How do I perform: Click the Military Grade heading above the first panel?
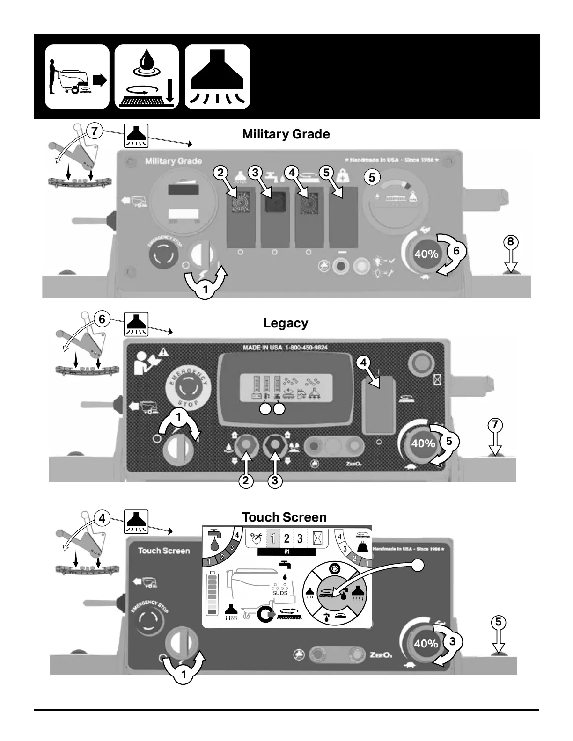tap(286, 134)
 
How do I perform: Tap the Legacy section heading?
tap(286, 323)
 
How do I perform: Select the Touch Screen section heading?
tap(284, 517)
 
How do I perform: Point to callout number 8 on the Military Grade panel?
tap(511, 242)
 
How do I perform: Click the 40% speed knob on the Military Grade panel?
tap(426, 254)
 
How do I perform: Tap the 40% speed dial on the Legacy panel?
tap(423, 443)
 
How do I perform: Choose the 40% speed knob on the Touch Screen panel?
tap(426, 644)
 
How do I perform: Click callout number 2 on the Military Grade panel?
tap(220, 173)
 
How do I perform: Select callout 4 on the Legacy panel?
tap(363, 362)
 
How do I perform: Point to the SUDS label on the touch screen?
tap(280, 593)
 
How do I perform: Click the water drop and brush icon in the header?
tap(147, 77)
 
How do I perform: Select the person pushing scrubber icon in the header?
tap(77, 77)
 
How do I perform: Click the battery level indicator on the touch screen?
tap(212, 593)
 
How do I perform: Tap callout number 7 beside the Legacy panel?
tap(495, 425)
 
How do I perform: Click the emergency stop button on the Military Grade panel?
tap(163, 255)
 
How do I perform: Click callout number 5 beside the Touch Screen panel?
tap(499, 622)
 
